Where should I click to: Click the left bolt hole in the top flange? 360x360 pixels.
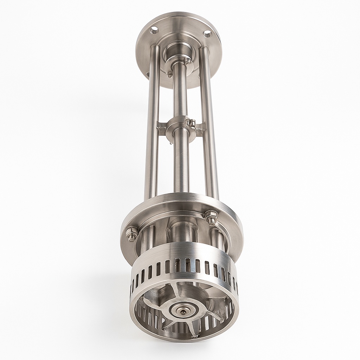[154, 31]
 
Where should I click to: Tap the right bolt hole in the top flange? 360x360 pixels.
[207, 33]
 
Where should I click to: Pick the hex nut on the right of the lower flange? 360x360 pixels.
[212, 217]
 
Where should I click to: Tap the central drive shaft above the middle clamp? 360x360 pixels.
[180, 91]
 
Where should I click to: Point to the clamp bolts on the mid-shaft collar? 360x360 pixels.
[192, 123]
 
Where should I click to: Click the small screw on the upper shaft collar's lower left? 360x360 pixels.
[170, 74]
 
